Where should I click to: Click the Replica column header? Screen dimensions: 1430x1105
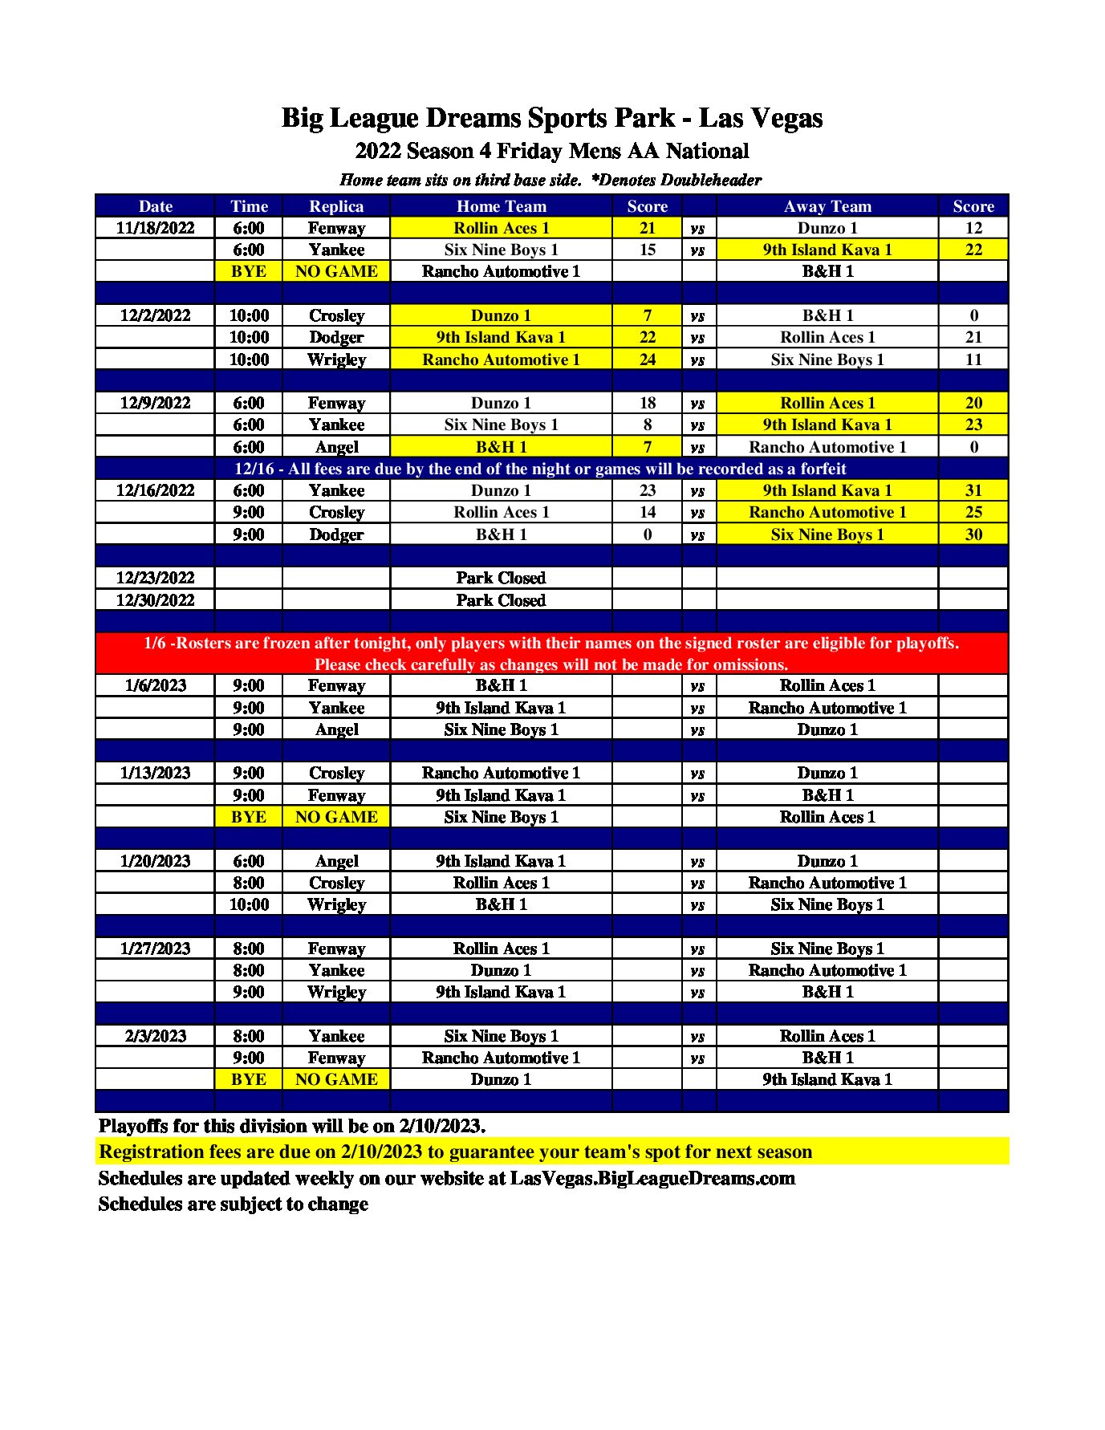coord(336,206)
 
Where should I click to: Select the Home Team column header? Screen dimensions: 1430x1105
coord(501,206)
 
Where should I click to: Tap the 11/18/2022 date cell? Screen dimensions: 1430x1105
coord(155,228)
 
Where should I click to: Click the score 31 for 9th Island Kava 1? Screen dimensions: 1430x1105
coord(973,490)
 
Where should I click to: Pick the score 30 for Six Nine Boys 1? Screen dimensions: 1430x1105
coord(973,534)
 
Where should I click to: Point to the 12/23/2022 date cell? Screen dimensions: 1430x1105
coord(155,578)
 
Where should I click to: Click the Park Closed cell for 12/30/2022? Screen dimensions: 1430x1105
coord(501,600)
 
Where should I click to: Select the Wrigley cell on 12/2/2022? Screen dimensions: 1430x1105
coord(336,360)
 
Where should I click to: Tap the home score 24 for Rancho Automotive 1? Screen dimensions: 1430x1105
coord(647,360)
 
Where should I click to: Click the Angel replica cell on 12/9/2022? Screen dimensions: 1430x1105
coord(336,447)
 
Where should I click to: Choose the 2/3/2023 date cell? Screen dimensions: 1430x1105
coord(155,1036)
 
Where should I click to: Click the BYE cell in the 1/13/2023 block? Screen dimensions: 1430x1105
coord(249,817)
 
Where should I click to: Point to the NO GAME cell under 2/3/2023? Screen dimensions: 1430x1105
coord(336,1079)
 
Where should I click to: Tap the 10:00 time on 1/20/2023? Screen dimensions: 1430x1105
coord(249,904)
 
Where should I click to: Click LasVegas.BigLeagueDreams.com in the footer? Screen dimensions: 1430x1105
coord(652,1178)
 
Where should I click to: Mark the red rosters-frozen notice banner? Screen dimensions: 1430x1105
coord(551,653)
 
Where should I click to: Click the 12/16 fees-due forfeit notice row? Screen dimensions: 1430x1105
coord(540,469)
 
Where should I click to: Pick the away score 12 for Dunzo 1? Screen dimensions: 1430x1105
coord(973,228)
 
